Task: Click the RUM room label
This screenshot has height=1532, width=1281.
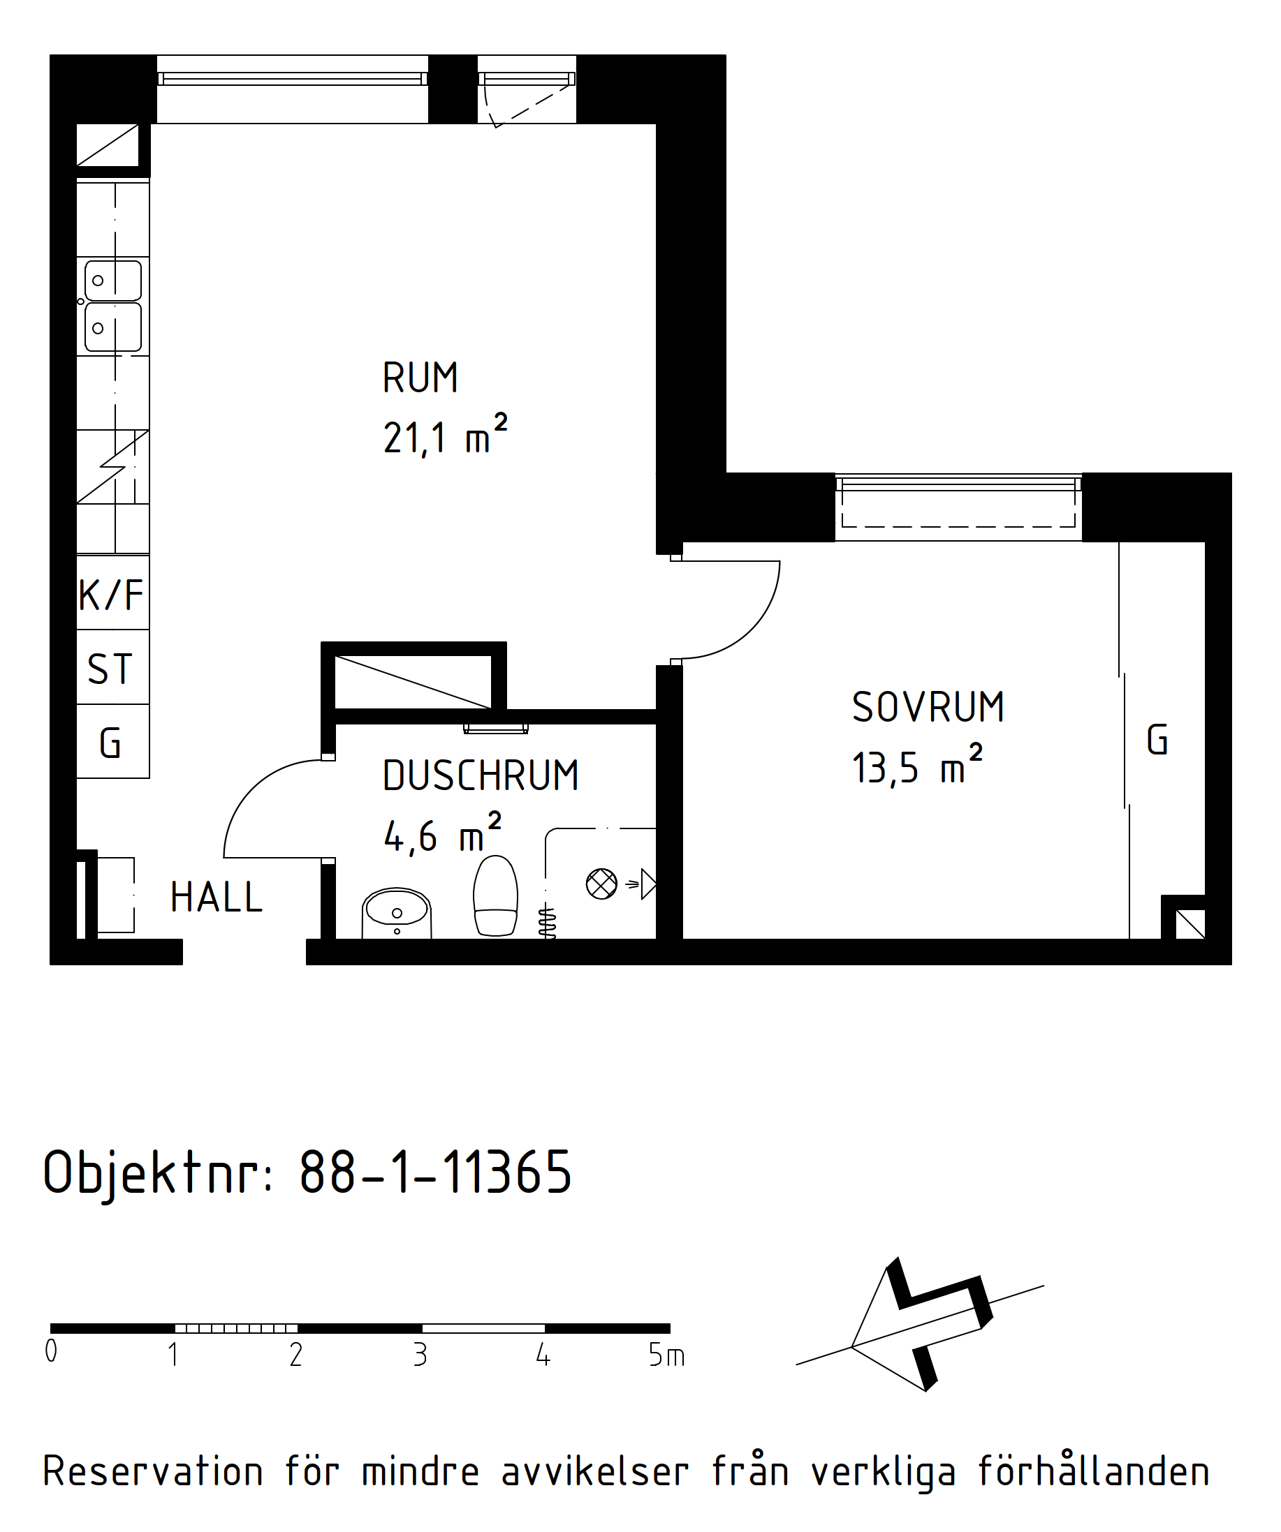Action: pos(420,378)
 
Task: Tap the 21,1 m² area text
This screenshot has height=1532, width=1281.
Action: pos(445,435)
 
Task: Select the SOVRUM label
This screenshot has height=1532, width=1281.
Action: pos(928,708)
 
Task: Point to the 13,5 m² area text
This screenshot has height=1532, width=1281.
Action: pos(918,764)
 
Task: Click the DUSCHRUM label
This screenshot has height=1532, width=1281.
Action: pos(481,775)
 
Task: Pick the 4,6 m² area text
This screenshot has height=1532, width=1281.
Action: pos(442,833)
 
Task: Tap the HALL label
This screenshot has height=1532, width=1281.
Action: pos(216,898)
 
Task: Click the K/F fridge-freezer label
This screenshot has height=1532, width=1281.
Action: pos(111,595)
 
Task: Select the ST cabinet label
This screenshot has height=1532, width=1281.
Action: pos(110,669)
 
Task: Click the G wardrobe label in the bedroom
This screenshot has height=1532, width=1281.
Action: pos(1157,740)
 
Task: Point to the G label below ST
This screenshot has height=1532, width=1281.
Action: pos(110,743)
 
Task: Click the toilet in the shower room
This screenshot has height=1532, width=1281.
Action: pos(496,895)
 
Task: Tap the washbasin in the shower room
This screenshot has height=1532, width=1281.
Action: pos(396,913)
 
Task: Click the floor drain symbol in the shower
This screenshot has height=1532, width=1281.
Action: pos(601,884)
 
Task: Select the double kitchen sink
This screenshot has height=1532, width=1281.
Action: pos(113,306)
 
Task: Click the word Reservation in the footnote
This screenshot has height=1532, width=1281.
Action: pos(152,1471)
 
